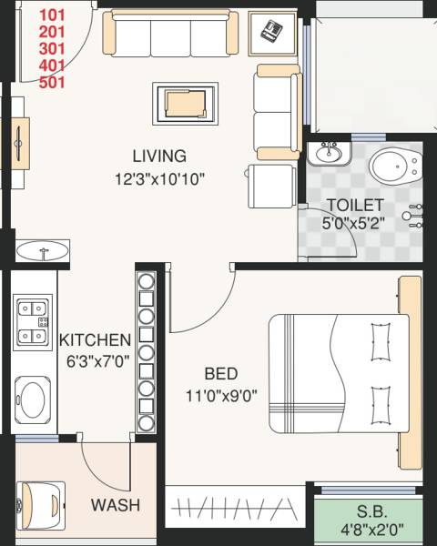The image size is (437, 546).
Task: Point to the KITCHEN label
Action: pyautogui.click(x=96, y=339)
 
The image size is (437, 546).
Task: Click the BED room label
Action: pyautogui.click(x=221, y=373)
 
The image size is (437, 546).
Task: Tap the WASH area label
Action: pyautogui.click(x=115, y=505)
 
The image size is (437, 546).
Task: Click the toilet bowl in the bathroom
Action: pyautogui.click(x=392, y=166)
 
